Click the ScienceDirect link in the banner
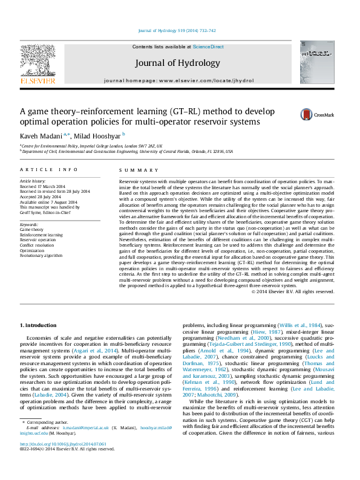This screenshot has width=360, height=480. coord(208,47)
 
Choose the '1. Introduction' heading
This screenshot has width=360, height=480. coord(40,326)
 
